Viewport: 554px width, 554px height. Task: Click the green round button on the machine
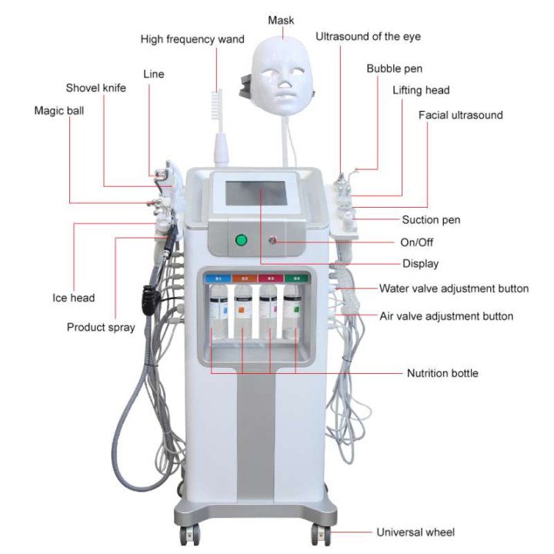click(x=242, y=240)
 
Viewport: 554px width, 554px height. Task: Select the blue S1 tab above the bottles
click(x=219, y=277)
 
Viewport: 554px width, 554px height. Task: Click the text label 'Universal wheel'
click(x=415, y=532)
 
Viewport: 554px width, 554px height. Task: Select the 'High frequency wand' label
click(x=192, y=39)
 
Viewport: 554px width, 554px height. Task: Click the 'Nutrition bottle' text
click(x=442, y=373)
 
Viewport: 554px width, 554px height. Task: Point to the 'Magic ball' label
click(x=58, y=110)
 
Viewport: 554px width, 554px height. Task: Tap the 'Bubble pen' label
click(x=394, y=69)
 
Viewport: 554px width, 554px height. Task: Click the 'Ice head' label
click(x=73, y=298)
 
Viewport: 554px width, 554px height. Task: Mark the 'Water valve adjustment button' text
click(x=454, y=289)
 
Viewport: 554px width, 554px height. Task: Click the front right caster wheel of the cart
click(x=317, y=533)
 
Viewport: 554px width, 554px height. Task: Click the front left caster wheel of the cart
click(x=186, y=534)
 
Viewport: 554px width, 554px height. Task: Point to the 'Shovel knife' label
click(x=95, y=88)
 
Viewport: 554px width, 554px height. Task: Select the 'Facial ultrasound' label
click(x=460, y=115)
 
